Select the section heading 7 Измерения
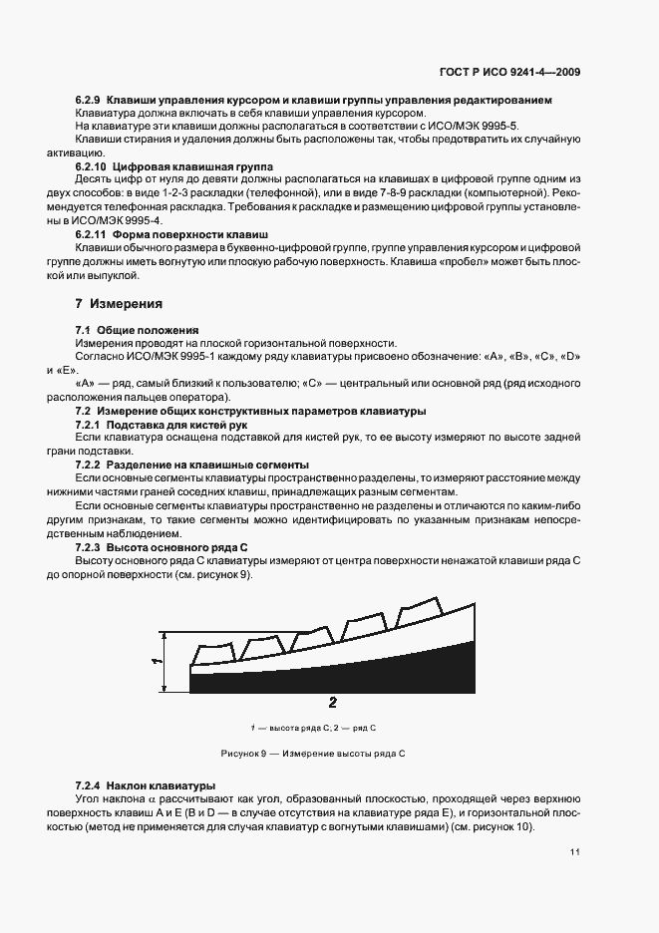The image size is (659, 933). click(x=119, y=302)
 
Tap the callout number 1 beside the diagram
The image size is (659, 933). click(x=156, y=661)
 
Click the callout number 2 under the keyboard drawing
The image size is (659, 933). click(x=332, y=702)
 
